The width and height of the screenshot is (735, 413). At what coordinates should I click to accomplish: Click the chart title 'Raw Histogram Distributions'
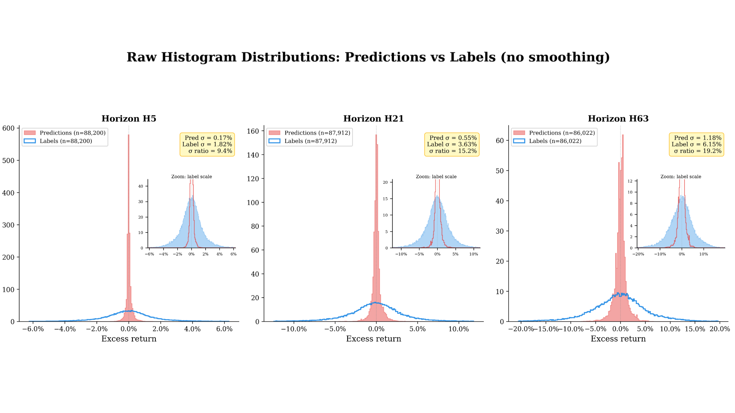pyautogui.click(x=367, y=57)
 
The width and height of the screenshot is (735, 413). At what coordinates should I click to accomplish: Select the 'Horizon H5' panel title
pyautogui.click(x=129, y=119)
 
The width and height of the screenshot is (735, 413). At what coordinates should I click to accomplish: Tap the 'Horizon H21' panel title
pyautogui.click(x=373, y=119)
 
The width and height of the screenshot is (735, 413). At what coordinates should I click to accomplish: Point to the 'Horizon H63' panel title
pyautogui.click(x=618, y=119)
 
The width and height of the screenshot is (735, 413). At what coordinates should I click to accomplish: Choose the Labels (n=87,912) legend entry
pyautogui.click(x=310, y=141)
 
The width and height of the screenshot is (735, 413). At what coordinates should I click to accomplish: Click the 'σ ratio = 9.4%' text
pyautogui.click(x=210, y=151)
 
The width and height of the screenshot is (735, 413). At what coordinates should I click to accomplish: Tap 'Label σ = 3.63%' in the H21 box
pyautogui.click(x=452, y=144)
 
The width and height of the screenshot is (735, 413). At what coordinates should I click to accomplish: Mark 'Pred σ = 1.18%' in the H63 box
pyautogui.click(x=697, y=138)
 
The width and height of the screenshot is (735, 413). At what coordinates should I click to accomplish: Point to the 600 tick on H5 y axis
pyautogui.click(x=8, y=128)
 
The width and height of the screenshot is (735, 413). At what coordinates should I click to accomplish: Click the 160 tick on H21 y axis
pyautogui.click(x=253, y=131)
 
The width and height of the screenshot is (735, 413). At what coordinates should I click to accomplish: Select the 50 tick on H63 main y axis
pyautogui.click(x=500, y=171)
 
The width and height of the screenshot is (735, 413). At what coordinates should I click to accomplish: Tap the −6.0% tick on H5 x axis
pyautogui.click(x=33, y=329)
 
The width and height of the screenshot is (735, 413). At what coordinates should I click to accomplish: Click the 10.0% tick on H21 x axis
pyautogui.click(x=458, y=329)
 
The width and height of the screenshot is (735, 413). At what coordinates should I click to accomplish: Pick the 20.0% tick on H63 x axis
pyautogui.click(x=719, y=329)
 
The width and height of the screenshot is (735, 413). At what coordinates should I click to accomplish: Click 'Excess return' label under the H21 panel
pyautogui.click(x=373, y=339)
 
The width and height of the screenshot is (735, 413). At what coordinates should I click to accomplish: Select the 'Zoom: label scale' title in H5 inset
pyautogui.click(x=191, y=177)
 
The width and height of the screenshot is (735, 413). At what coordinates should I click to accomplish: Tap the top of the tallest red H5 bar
pyautogui.click(x=129, y=135)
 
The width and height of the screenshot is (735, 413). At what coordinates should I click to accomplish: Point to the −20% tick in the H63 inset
pyautogui.click(x=638, y=254)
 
